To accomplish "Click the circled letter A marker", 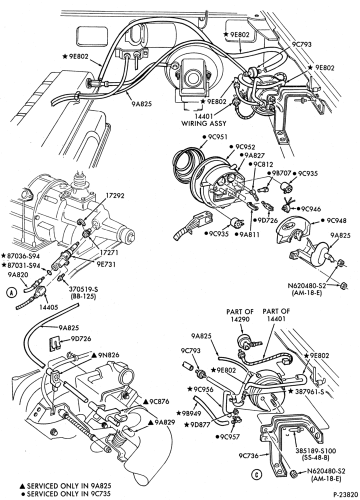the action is (x=11, y=292).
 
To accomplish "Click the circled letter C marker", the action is (x=255, y=475).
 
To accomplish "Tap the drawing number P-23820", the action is (x=345, y=494).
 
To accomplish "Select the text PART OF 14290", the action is (x=240, y=314).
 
